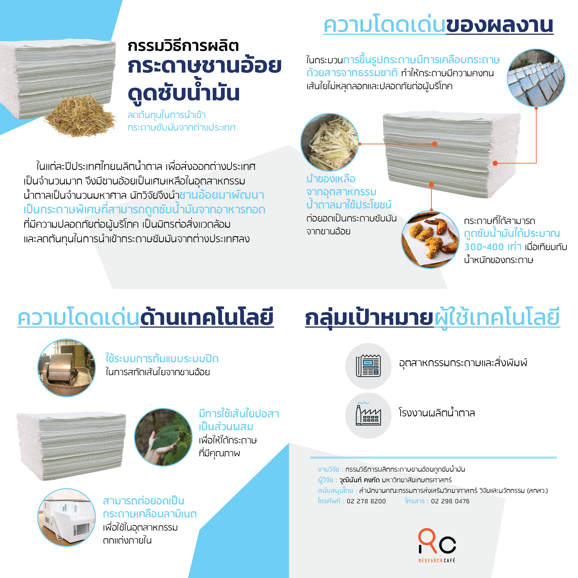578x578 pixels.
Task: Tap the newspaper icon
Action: pyautogui.click(x=368, y=366)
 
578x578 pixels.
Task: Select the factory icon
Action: pyautogui.click(x=368, y=414)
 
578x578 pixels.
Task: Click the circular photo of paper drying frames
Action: pyautogui.click(x=536, y=78)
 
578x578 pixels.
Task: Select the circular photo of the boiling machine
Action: pyautogui.click(x=66, y=368)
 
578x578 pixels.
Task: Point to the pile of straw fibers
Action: pyautogui.click(x=80, y=117)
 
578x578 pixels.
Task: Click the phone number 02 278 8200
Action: pyautogui.click(x=366, y=501)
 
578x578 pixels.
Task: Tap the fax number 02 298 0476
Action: pyautogui.click(x=450, y=501)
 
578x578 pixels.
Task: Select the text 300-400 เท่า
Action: pyautogui.click(x=493, y=247)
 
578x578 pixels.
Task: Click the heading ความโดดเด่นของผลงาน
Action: pyautogui.click(x=438, y=25)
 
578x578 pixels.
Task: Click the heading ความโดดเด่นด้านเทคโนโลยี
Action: pyautogui.click(x=146, y=318)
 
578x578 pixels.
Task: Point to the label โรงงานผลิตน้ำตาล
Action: pyautogui.click(x=437, y=412)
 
